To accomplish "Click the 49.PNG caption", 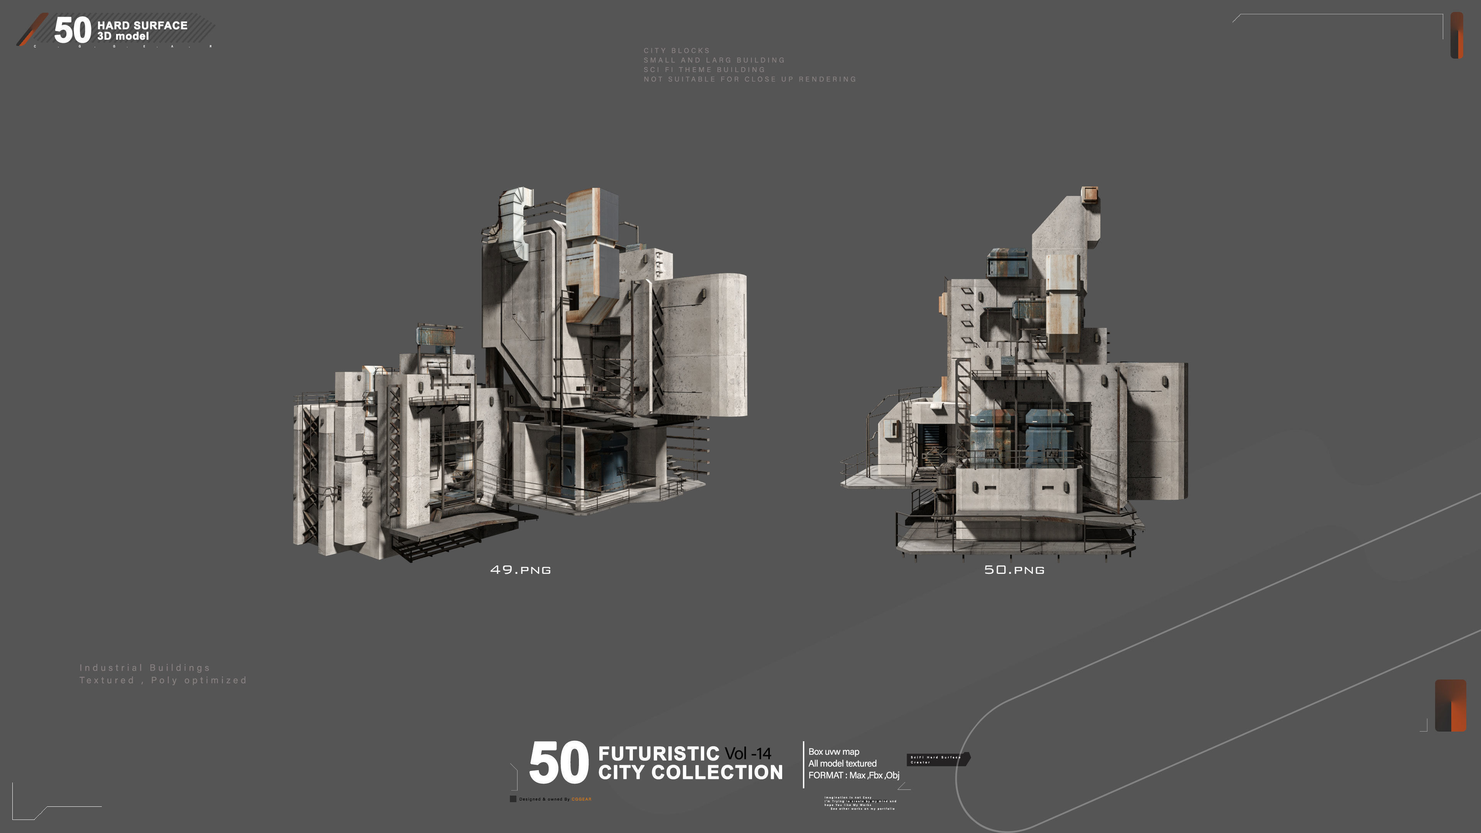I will pos(520,570).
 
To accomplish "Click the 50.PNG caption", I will pos(1014,570).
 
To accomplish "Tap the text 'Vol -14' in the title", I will pos(748,753).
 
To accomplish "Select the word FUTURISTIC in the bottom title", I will pos(658,753).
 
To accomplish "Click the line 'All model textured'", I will pos(842,764).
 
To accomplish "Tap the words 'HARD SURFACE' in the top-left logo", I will pos(142,25).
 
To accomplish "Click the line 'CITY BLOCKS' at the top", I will pos(677,51).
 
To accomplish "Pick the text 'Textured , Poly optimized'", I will pos(163,680).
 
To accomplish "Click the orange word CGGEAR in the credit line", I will pos(581,799).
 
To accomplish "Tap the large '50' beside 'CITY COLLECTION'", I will pos(558,763).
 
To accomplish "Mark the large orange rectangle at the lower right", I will pos(1451,705).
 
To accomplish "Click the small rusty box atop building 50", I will pos(1090,194).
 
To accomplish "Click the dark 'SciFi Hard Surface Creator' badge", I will pos(938,759).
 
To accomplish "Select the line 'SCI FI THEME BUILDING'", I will pos(704,69).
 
